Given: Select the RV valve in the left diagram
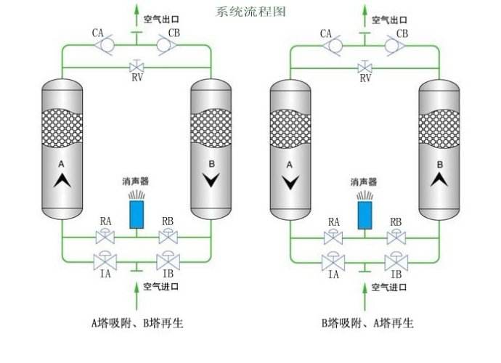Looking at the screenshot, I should (136, 68).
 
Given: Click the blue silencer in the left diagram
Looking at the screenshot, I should (136, 212).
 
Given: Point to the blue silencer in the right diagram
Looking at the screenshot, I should (364, 212).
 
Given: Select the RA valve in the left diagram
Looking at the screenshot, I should (106, 237).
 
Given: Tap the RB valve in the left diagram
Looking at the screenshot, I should (168, 237).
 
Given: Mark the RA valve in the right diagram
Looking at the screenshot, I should (333, 237).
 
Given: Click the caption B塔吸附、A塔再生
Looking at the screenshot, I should (367, 322).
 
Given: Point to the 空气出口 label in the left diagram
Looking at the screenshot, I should (160, 20).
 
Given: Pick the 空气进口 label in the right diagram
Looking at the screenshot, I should (388, 287).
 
